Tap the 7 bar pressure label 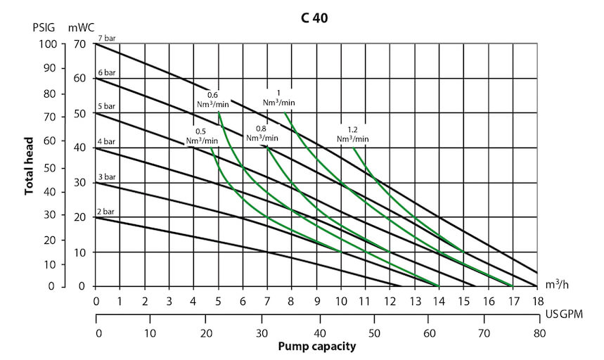click(105, 37)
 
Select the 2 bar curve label click(105, 211)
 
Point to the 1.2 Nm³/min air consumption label click(352, 134)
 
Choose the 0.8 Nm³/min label click(261, 134)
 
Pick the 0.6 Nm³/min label click(212, 98)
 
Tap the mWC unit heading click(81, 29)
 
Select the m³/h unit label click(557, 285)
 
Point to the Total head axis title click(29, 166)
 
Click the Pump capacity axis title click(316, 347)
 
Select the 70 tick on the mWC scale click(79, 44)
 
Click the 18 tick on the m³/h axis click(537, 301)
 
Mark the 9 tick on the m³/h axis click(317, 301)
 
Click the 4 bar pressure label click(105, 142)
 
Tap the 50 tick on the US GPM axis click(373, 333)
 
